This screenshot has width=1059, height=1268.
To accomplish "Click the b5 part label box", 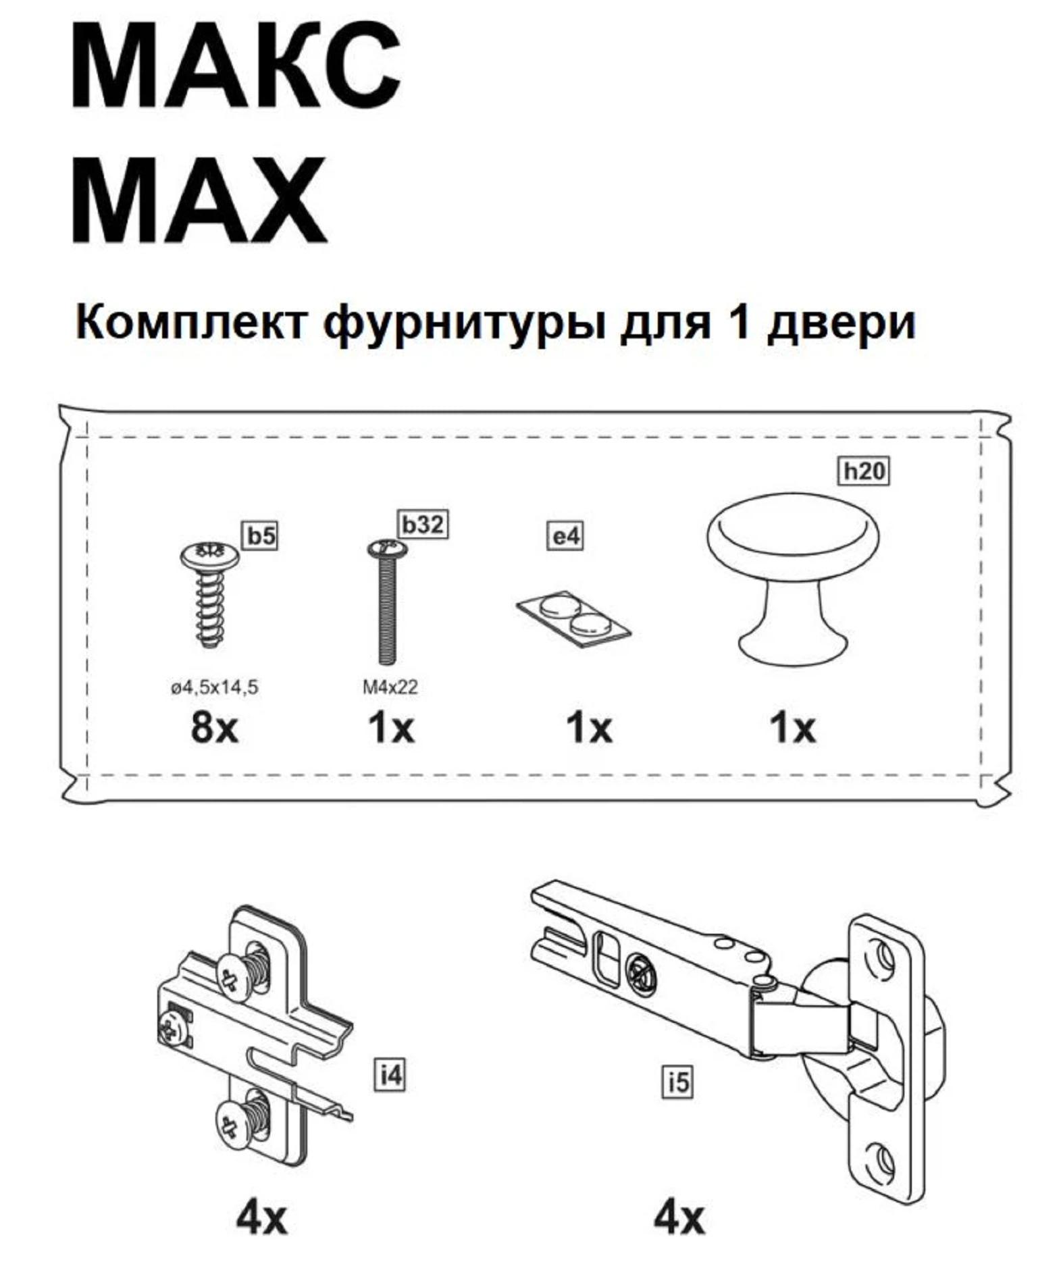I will click(x=261, y=536).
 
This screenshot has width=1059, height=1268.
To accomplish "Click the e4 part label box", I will click(x=565, y=537).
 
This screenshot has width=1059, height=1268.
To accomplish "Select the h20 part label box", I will click(x=864, y=470).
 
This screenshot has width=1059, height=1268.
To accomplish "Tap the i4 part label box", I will click(x=390, y=1074).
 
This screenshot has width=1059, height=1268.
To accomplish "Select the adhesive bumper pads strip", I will click(x=574, y=618).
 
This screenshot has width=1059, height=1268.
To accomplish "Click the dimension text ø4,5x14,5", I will click(x=214, y=687).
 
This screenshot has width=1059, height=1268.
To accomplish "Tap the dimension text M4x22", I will click(x=390, y=687).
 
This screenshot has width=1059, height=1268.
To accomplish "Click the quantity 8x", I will click(x=214, y=728).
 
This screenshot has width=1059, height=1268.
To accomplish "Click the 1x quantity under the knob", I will click(x=792, y=728).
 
